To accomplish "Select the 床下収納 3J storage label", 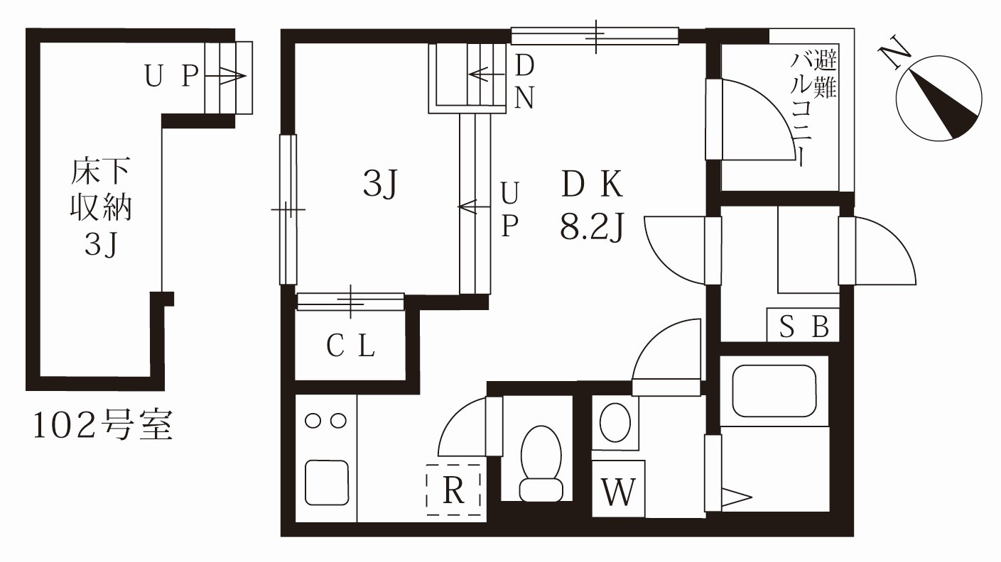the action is point(101,208).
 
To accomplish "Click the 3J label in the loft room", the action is point(380,184).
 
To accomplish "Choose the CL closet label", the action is point(350,346).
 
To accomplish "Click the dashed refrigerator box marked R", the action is point(453,490).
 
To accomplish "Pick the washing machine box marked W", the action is point(619,489).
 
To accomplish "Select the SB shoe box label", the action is point(803,326).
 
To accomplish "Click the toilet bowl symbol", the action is point(541,464).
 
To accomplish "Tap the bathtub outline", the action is point(774,391).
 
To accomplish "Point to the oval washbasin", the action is point(615,422).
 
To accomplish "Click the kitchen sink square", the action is point(327,483).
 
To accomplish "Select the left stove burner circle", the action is point(313,421).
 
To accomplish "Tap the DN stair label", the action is point(524,82).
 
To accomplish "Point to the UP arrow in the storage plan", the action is point(226,76).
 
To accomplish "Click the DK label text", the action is point(592,184).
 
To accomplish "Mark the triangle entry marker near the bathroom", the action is point(737,497).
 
